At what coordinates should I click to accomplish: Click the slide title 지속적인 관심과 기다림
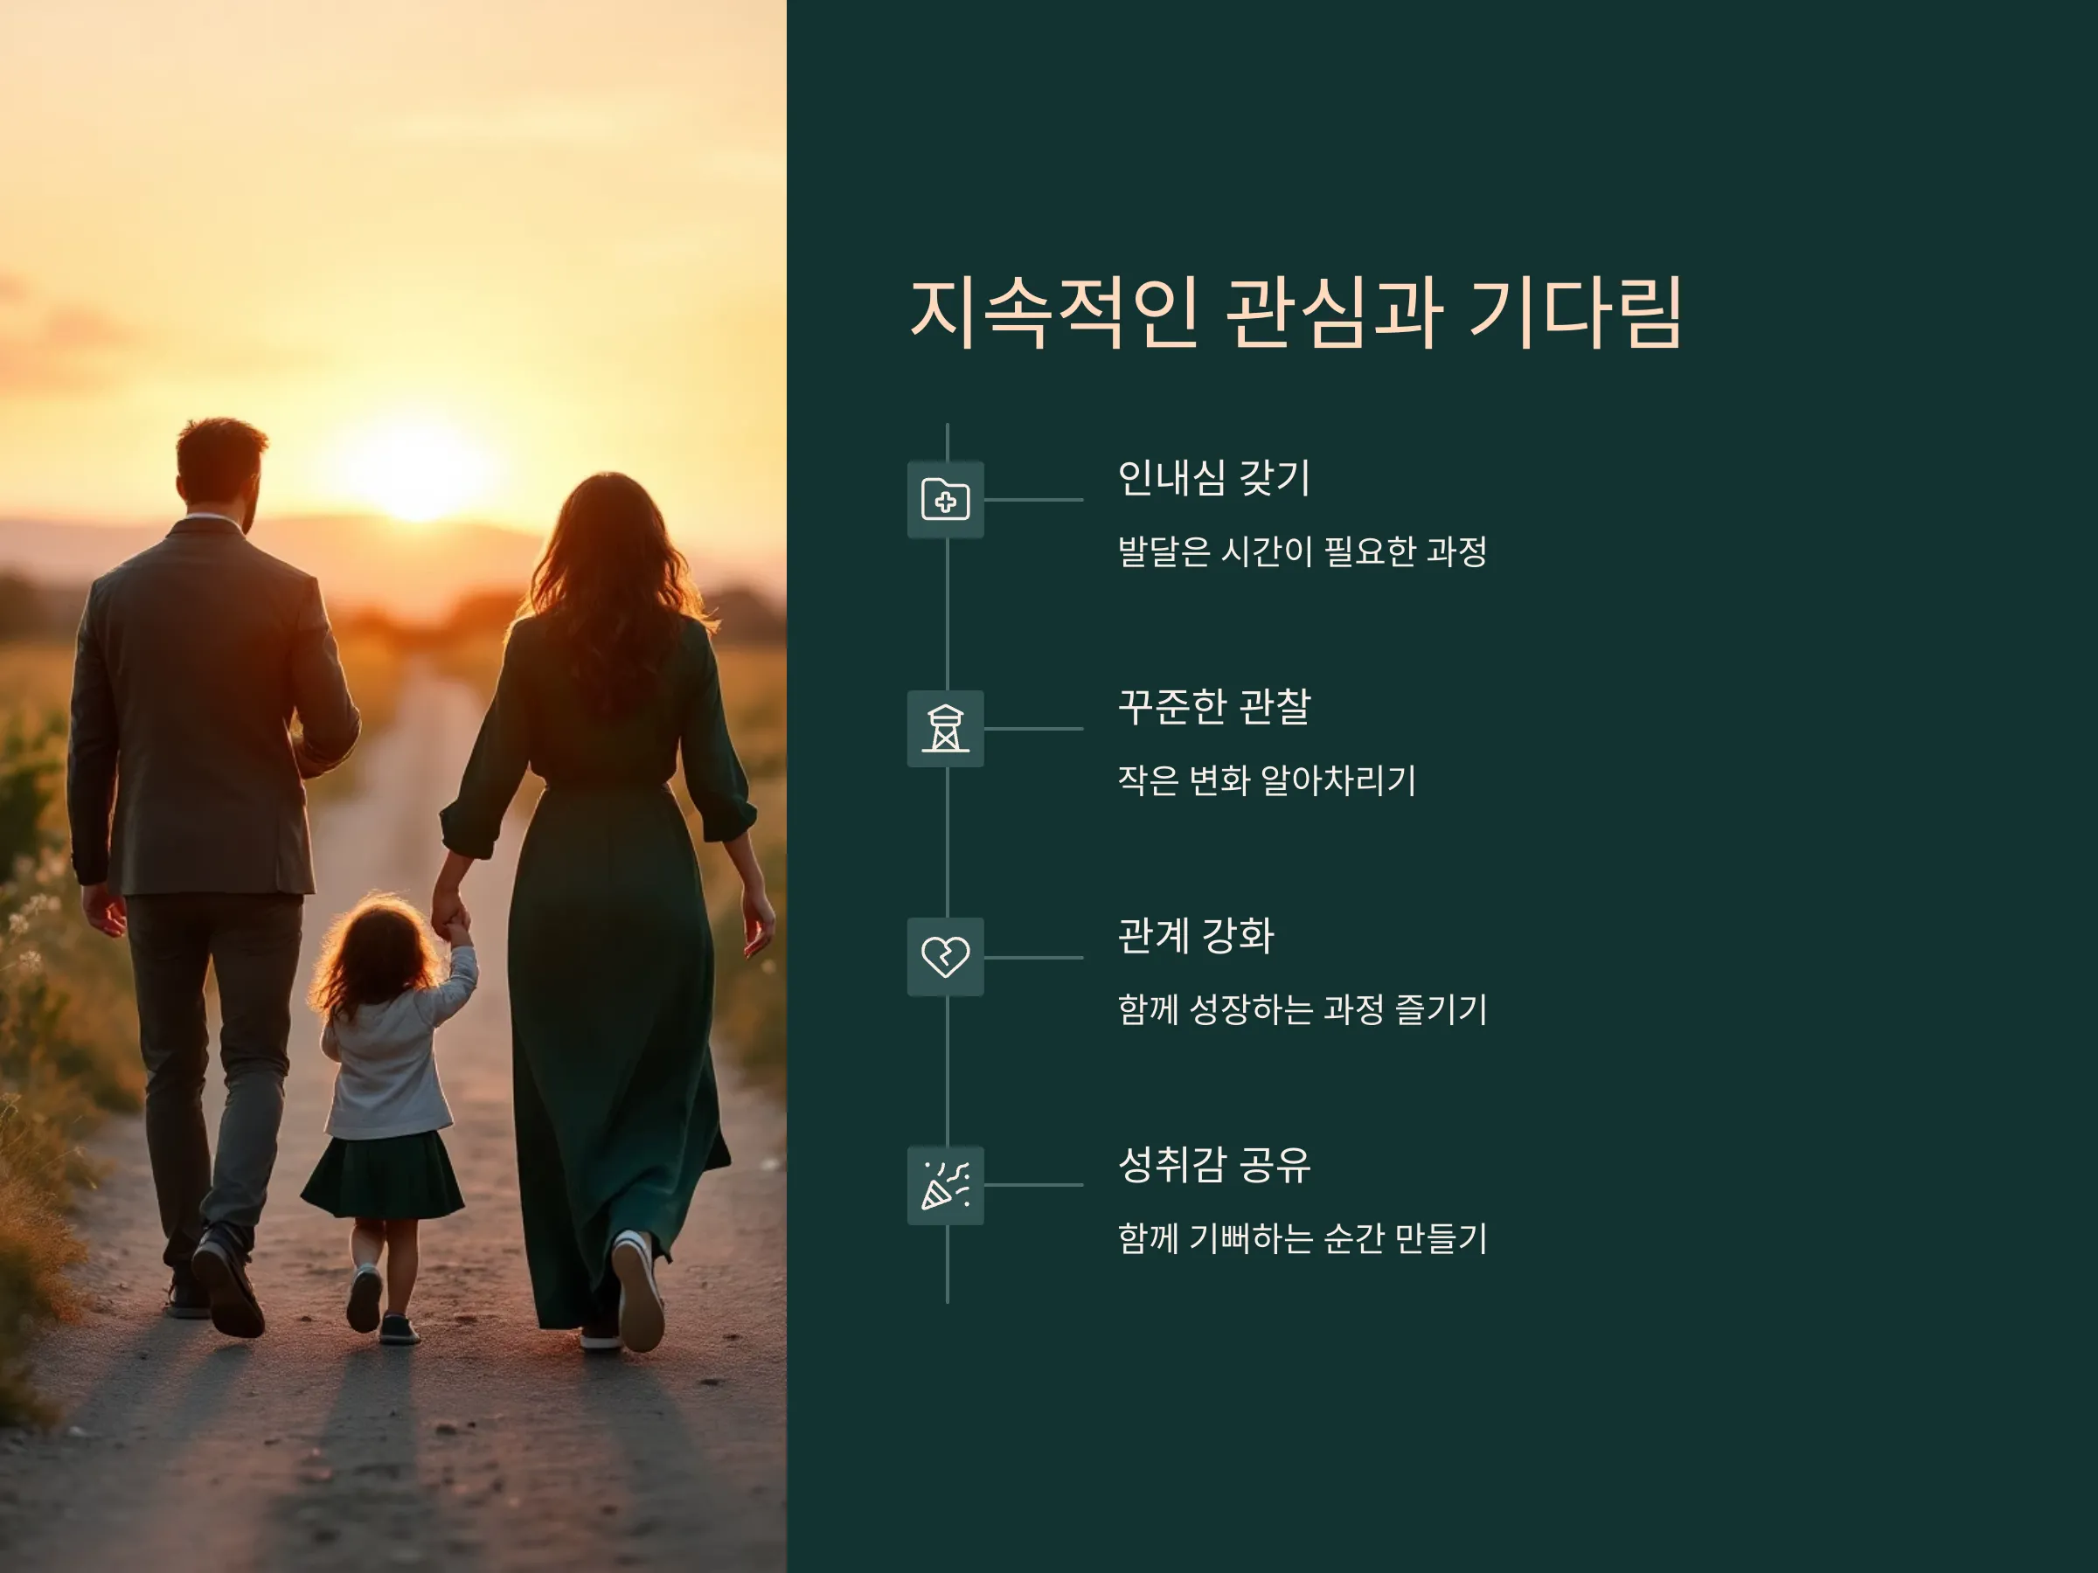(1296, 312)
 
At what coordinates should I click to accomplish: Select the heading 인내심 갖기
(1214, 478)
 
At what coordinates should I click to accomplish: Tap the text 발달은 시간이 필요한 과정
(1303, 551)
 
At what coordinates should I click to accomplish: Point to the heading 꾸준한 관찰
(1214, 706)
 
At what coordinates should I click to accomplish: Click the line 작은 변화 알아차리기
(1266, 780)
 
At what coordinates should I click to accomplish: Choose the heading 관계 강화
(1196, 936)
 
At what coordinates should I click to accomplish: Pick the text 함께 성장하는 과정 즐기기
(1303, 1008)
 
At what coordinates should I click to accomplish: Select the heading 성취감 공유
(1214, 1164)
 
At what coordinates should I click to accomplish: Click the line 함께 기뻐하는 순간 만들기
(1303, 1238)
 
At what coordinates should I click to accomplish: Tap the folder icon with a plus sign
(946, 500)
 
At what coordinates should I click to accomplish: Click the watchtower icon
(946, 728)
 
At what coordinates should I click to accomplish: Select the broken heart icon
(946, 957)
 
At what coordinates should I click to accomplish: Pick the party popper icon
(946, 1185)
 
